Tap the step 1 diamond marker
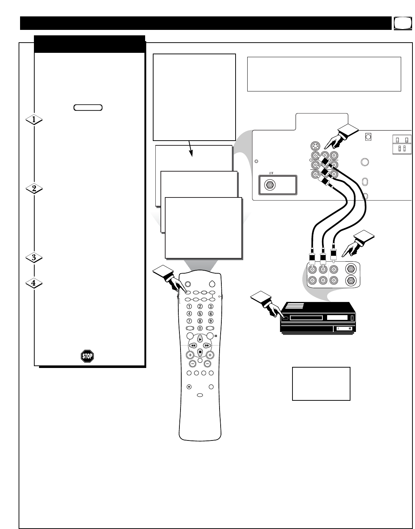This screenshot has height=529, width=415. pos(34,119)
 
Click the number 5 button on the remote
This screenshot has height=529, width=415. pos(200,313)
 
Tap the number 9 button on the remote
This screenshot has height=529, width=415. pos(210,321)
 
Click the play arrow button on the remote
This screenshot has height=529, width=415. pos(200,339)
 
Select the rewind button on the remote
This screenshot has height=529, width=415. pos(193,345)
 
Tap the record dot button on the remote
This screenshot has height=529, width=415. pos(189,387)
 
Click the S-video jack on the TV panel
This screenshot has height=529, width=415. pos(314,146)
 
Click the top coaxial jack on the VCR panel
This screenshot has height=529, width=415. pos(350,269)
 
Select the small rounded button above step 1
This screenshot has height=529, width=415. pos(88,107)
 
